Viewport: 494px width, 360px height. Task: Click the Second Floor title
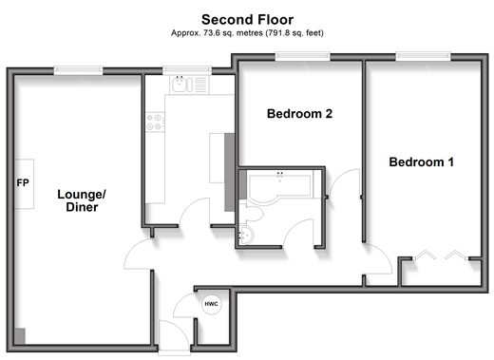pos(247,20)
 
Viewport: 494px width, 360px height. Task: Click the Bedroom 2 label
pos(299,114)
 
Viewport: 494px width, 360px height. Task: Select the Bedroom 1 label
pos(421,162)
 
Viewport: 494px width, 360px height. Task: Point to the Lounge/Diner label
pos(82,200)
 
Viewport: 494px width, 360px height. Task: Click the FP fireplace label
pos(23,182)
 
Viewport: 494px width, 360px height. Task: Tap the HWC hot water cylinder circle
pos(211,304)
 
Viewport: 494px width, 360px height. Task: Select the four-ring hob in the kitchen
pos(155,123)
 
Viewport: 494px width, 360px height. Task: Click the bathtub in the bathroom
pos(280,185)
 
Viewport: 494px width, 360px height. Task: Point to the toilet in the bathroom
pos(252,213)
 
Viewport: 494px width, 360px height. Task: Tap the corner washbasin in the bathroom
pos(245,235)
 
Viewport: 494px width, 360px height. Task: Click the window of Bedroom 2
pos(302,56)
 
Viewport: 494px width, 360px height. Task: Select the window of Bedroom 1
pos(423,56)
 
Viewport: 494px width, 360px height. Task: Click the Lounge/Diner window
pos(78,70)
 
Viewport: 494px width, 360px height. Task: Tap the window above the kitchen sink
pos(187,70)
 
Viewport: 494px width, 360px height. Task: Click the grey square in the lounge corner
pos(20,336)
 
